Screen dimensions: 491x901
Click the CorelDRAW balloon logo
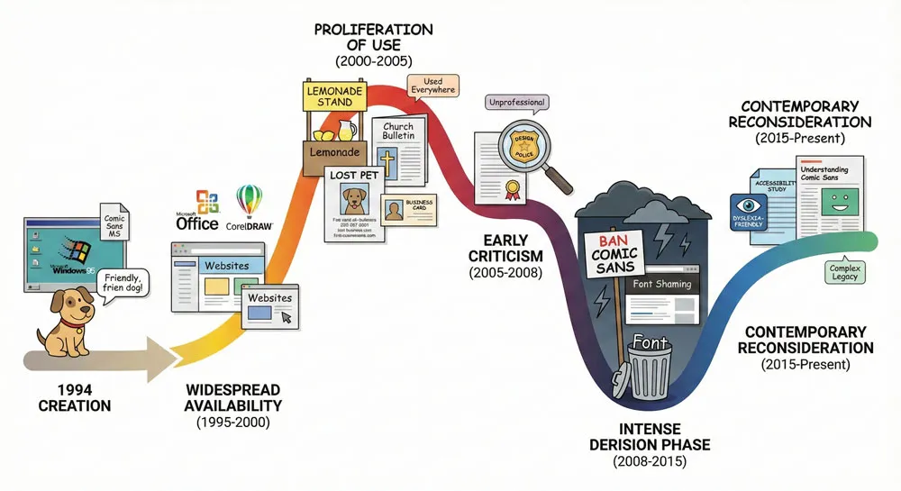coord(249,199)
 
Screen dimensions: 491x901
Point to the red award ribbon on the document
coord(514,190)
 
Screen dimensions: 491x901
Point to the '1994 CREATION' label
coord(75,397)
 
